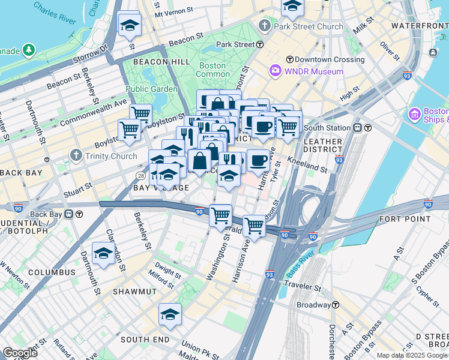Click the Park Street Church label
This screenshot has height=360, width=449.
[309, 26]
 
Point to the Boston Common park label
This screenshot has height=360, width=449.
[213, 70]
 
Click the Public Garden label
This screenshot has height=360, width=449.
[151, 89]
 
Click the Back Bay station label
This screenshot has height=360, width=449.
[46, 214]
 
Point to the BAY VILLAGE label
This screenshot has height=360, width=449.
[161, 188]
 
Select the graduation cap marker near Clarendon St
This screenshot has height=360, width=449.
[103, 253]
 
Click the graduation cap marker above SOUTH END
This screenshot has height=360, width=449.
[170, 314]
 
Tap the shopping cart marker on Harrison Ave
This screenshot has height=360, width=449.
[255, 226]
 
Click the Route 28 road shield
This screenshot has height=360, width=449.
[140, 175]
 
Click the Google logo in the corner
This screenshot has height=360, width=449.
[20, 353]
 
